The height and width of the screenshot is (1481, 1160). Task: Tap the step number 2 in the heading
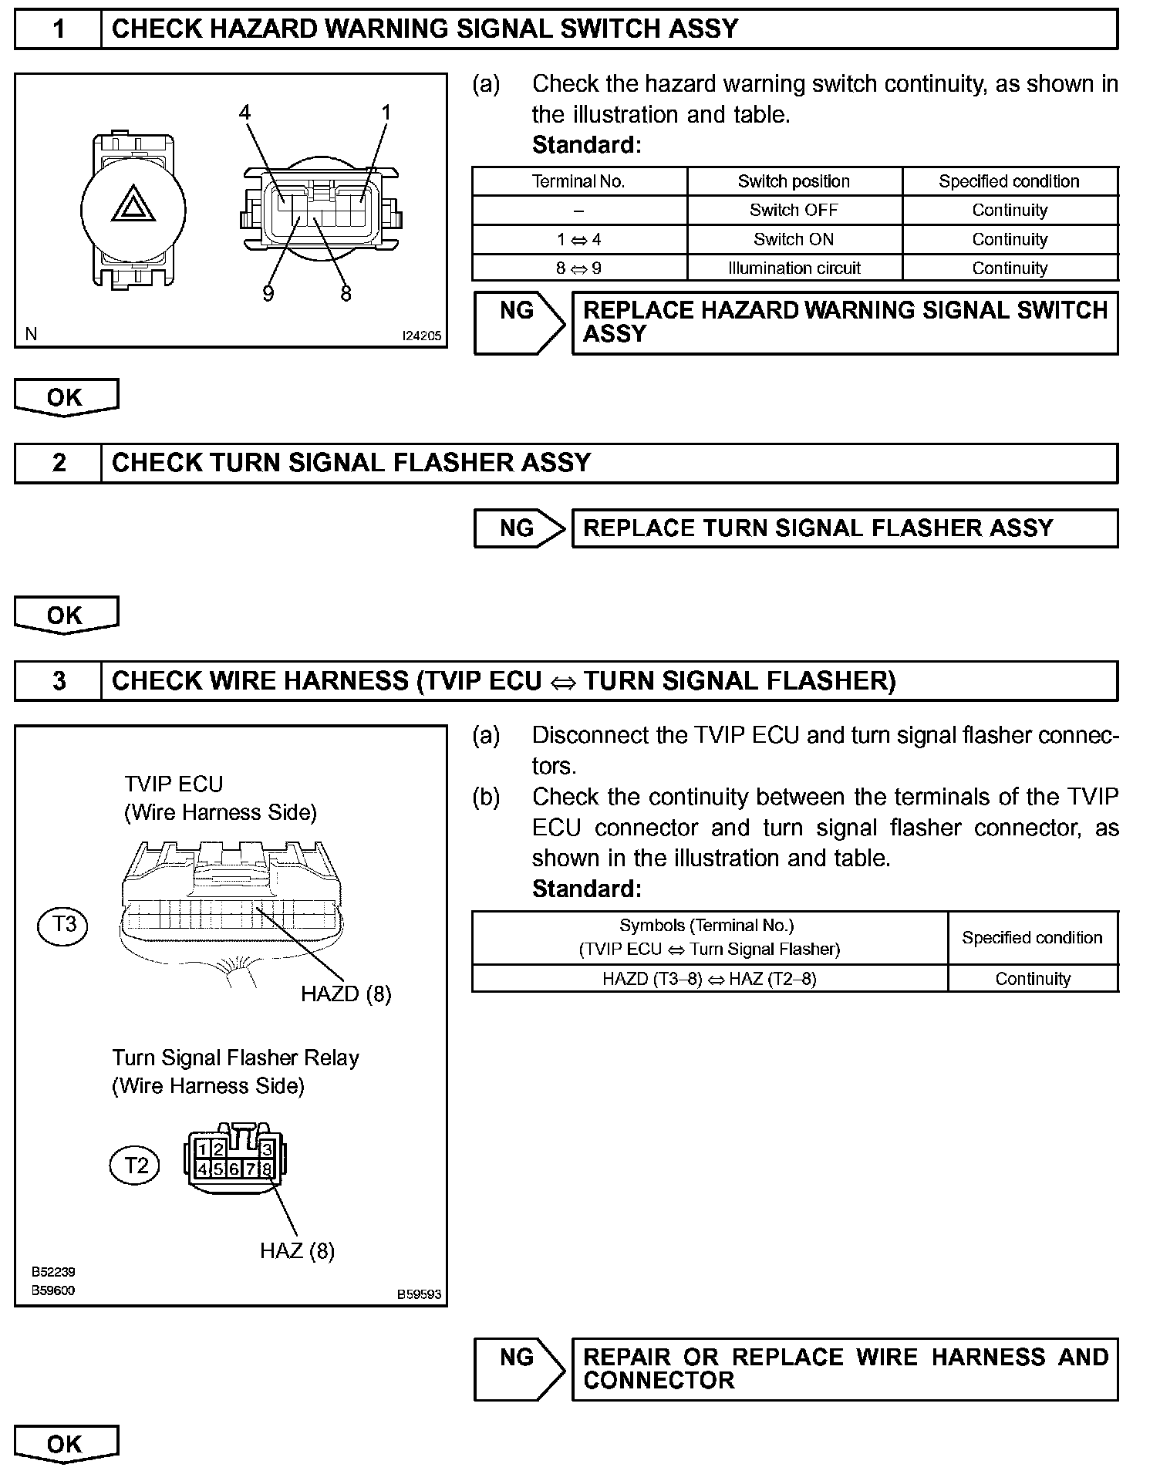[59, 463]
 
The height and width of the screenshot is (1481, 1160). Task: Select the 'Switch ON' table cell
[794, 239]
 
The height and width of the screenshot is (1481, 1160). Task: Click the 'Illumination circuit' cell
[794, 268]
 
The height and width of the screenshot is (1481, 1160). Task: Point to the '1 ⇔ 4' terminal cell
[578, 239]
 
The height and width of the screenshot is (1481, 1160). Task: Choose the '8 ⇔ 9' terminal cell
[578, 268]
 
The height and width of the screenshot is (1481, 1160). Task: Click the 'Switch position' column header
[794, 181]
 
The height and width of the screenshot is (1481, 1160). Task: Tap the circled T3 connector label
[62, 924]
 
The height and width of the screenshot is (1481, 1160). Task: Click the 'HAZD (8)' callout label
[346, 994]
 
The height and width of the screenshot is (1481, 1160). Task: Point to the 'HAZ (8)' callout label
[297, 1250]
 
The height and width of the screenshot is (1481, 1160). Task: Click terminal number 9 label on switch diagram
[268, 294]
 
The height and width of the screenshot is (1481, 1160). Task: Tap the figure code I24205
[421, 336]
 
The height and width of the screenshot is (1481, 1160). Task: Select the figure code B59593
[419, 1294]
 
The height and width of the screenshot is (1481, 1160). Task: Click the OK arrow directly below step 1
[66, 397]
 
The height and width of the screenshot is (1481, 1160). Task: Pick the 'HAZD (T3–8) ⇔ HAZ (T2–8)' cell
[709, 979]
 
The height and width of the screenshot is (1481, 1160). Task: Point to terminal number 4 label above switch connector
[244, 113]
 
